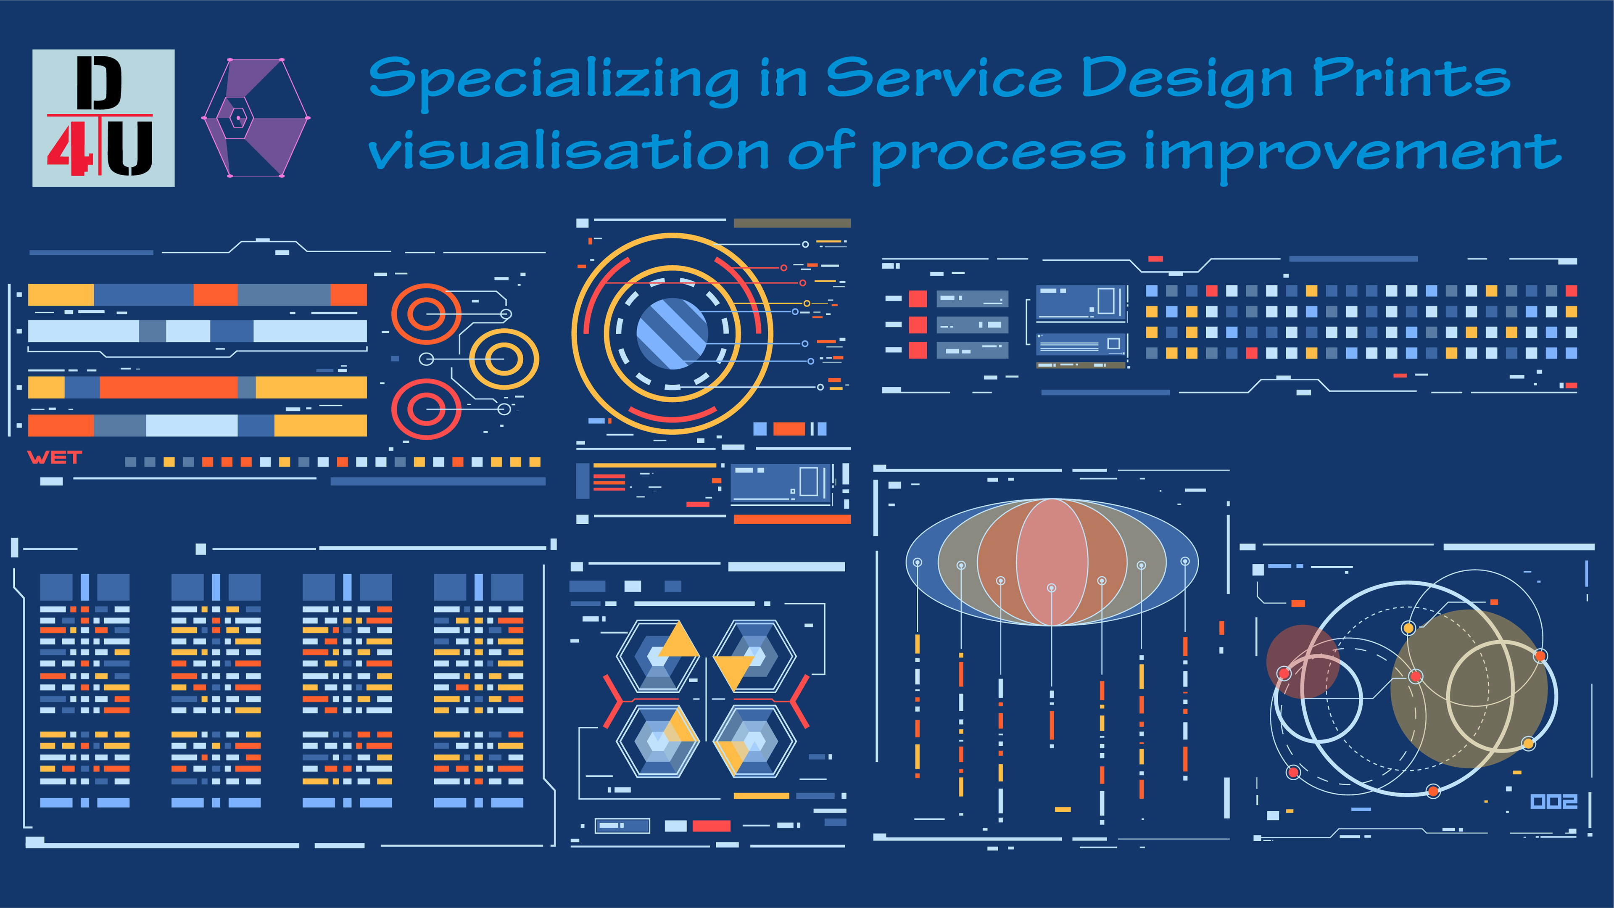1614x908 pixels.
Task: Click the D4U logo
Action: click(103, 118)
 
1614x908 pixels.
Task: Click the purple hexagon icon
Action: click(256, 118)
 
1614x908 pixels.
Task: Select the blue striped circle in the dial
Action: click(672, 333)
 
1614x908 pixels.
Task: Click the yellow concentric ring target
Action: click(504, 359)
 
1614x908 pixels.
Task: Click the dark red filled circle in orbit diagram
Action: click(1303, 661)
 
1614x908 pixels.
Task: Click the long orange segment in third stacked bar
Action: click(169, 387)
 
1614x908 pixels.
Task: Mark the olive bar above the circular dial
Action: click(792, 223)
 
